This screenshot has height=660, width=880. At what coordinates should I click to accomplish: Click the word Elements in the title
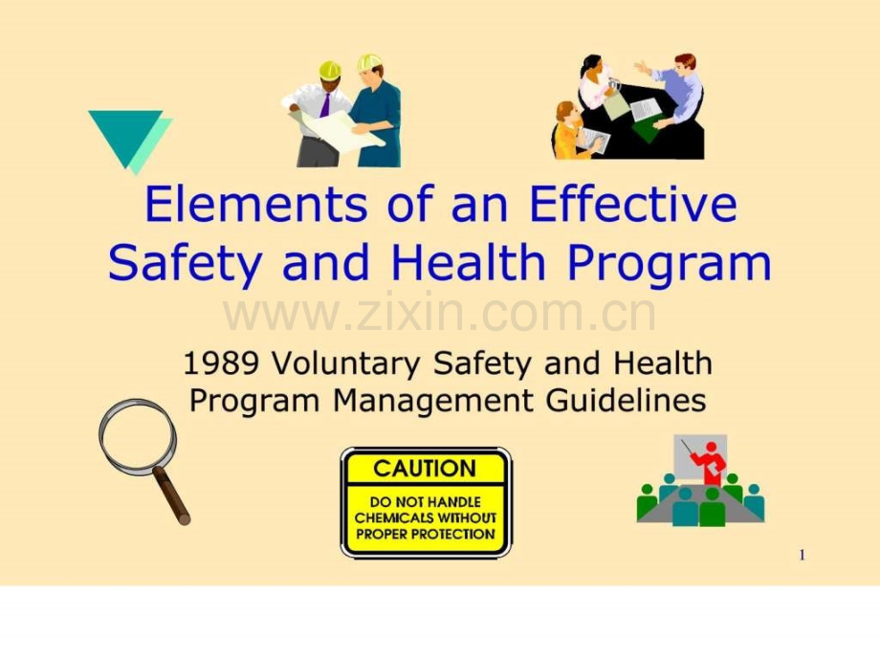(x=256, y=204)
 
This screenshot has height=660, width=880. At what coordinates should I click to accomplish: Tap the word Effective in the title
(x=632, y=204)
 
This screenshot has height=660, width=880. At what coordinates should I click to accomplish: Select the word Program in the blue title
(x=669, y=264)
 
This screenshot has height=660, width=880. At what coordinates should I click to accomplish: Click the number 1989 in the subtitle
(x=221, y=363)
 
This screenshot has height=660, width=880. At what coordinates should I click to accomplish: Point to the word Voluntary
(x=345, y=364)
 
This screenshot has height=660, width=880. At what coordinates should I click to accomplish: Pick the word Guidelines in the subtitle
(x=626, y=401)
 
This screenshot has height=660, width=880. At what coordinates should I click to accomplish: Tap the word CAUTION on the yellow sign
(x=425, y=469)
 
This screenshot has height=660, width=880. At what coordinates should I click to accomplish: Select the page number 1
(x=802, y=555)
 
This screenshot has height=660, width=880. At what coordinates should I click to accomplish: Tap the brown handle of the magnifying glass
(x=172, y=495)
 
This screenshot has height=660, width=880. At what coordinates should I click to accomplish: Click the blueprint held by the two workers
(x=337, y=129)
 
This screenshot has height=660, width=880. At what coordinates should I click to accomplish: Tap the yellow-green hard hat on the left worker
(x=330, y=70)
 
